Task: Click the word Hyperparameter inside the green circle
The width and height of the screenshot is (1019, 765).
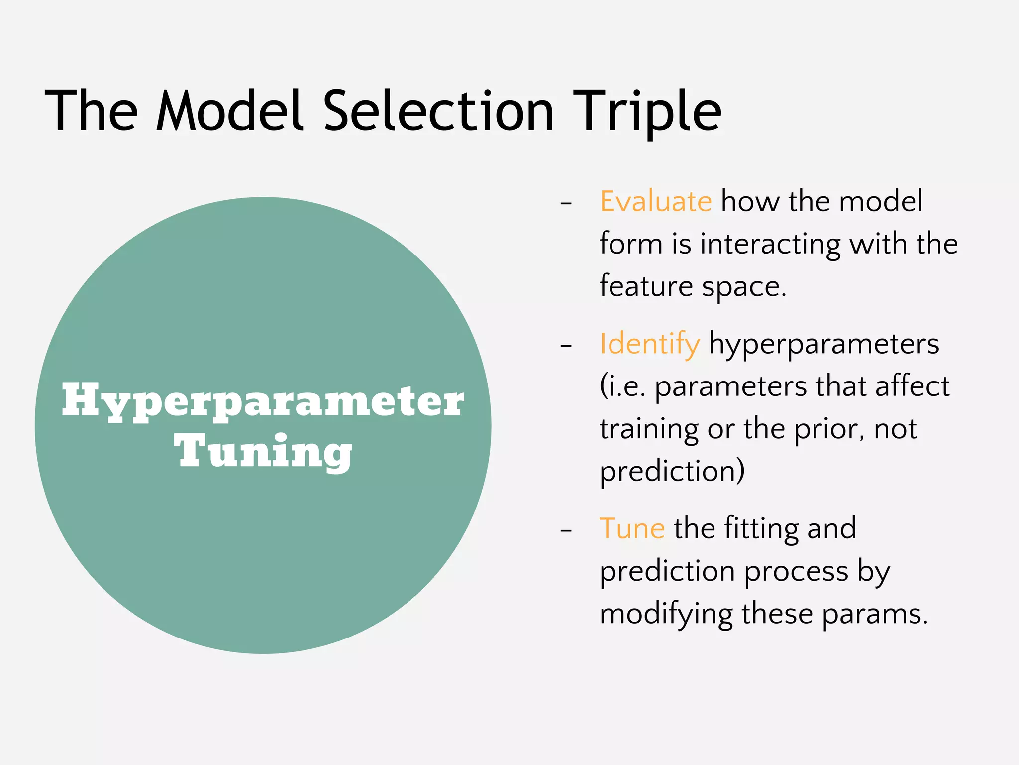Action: [x=263, y=401]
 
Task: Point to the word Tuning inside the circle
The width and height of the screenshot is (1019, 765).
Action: [x=263, y=451]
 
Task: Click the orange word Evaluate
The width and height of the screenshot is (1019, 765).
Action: [x=655, y=201]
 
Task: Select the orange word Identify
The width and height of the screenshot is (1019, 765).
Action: [x=649, y=344]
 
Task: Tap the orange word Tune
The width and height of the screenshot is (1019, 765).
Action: [x=632, y=528]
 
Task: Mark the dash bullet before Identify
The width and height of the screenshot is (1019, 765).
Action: [x=566, y=346]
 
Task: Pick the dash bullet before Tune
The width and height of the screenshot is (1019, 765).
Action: [x=566, y=530]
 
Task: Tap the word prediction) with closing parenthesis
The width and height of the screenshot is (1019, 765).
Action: [x=672, y=471]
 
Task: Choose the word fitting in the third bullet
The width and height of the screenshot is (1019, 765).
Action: [x=762, y=528]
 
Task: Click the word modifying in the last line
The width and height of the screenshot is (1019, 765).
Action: [x=666, y=614]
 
